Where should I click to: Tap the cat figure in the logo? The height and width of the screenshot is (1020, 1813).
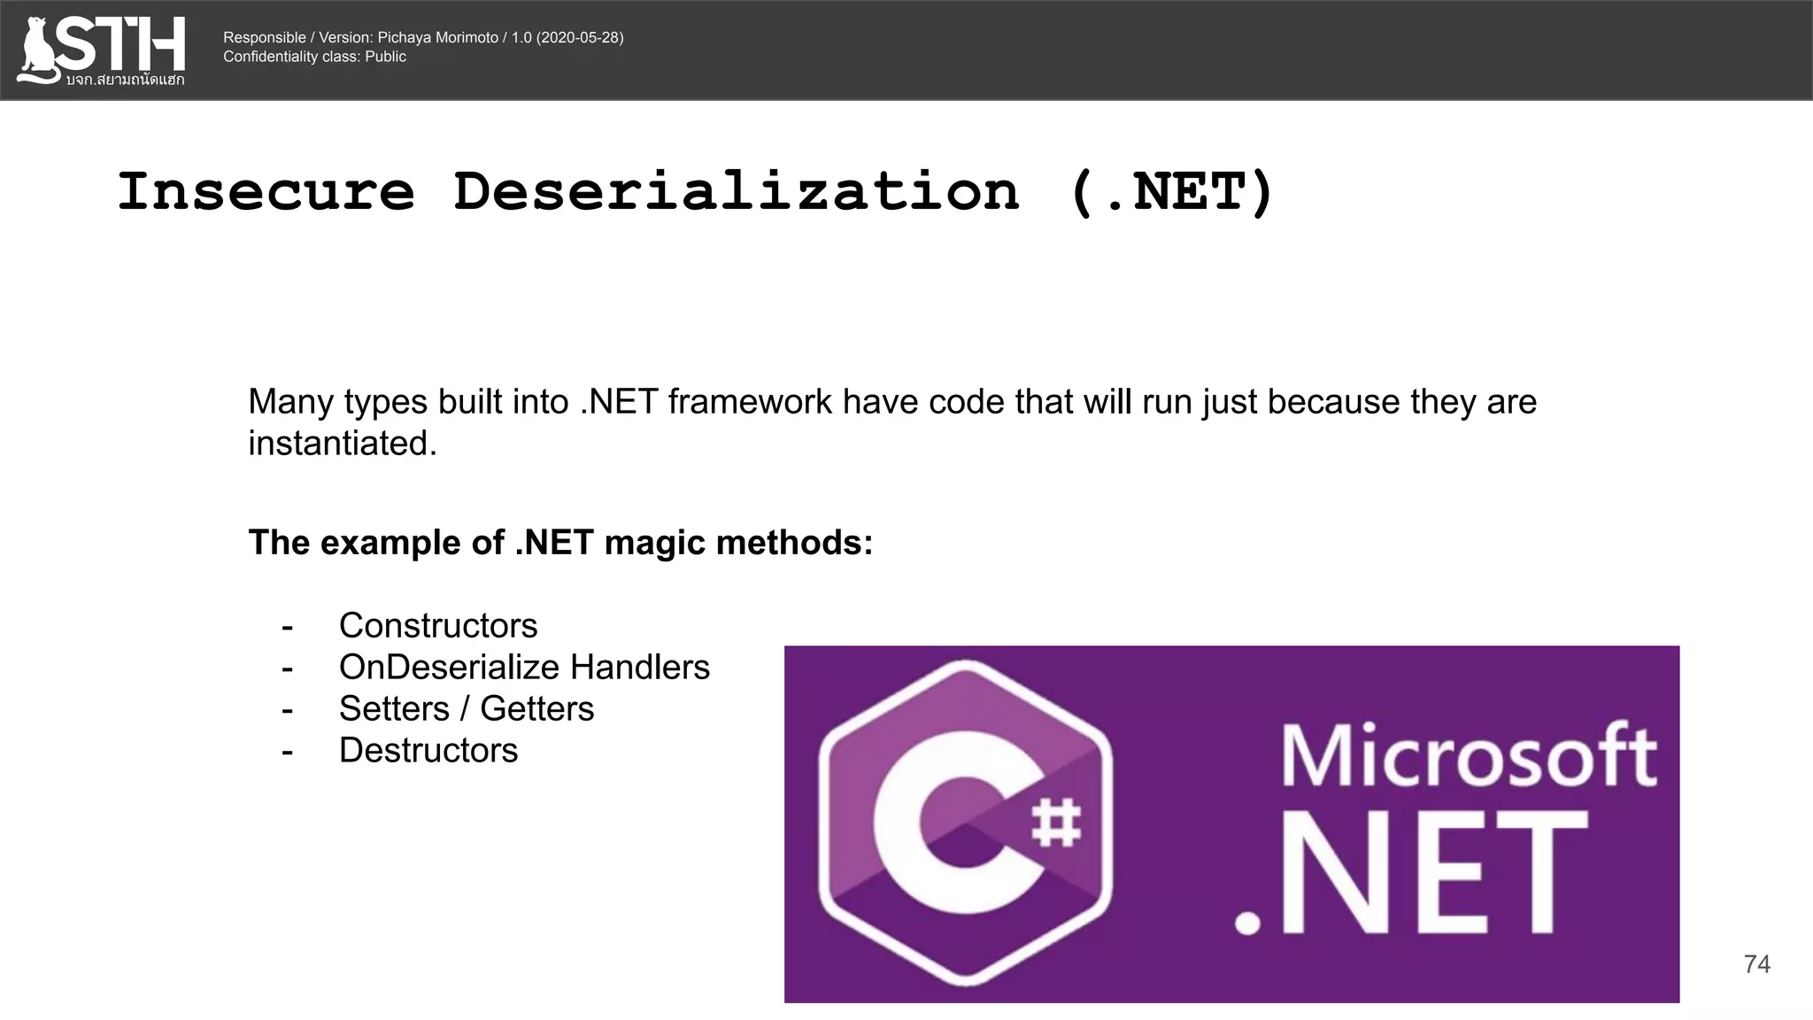(38, 50)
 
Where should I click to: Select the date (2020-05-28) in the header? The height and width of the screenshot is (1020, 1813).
(580, 37)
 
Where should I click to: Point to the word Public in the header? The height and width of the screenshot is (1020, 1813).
(385, 57)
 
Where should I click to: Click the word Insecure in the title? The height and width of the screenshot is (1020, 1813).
(266, 191)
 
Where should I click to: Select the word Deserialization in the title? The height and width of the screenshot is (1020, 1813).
(736, 191)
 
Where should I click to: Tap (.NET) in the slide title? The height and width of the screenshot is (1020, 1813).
(1171, 191)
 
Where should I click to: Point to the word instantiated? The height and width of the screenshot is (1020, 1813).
(342, 444)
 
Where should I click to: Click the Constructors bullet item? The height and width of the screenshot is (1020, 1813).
(438, 626)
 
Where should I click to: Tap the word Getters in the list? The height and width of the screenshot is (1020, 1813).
(536, 709)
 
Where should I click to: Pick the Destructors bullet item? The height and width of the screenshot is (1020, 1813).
(428, 751)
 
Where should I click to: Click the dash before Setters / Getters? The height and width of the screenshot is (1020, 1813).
(287, 710)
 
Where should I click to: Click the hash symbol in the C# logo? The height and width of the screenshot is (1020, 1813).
(1057, 823)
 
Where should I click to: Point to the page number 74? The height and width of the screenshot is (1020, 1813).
(1756, 964)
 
